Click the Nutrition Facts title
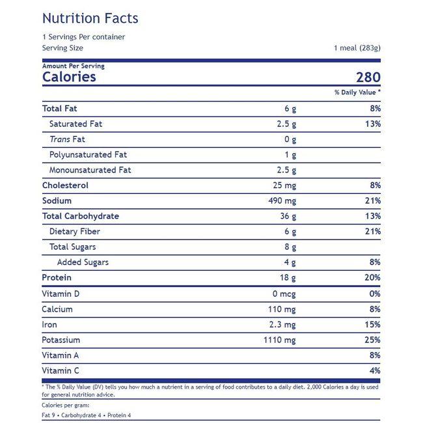90,18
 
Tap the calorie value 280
368,77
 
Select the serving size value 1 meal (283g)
357,48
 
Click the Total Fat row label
59,109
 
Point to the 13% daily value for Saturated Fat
373,124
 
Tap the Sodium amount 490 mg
282,201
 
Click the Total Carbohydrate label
81,216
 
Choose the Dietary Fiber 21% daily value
373,232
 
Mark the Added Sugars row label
83,262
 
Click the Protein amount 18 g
288,278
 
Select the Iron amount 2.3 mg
282,325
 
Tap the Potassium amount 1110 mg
280,340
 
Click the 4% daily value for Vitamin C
375,371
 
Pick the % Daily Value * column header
357,92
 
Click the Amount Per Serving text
73,66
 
